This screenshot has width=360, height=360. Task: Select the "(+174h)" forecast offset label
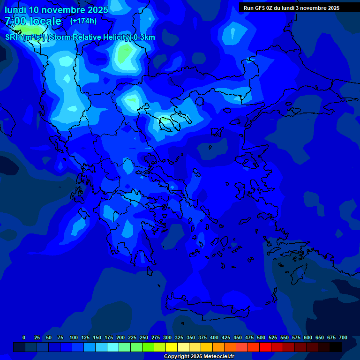[83, 21]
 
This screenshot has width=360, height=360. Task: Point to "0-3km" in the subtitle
[144, 37]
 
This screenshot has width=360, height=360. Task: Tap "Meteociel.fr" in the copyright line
[219, 357]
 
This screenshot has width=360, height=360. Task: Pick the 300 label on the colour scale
[167, 337]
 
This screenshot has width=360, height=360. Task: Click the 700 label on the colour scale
[343, 337]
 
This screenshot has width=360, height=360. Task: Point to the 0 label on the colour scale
[24, 337]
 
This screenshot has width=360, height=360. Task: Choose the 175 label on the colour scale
[109, 337]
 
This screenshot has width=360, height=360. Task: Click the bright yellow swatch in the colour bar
[172, 347]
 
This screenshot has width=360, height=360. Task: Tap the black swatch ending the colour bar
[336, 347]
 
